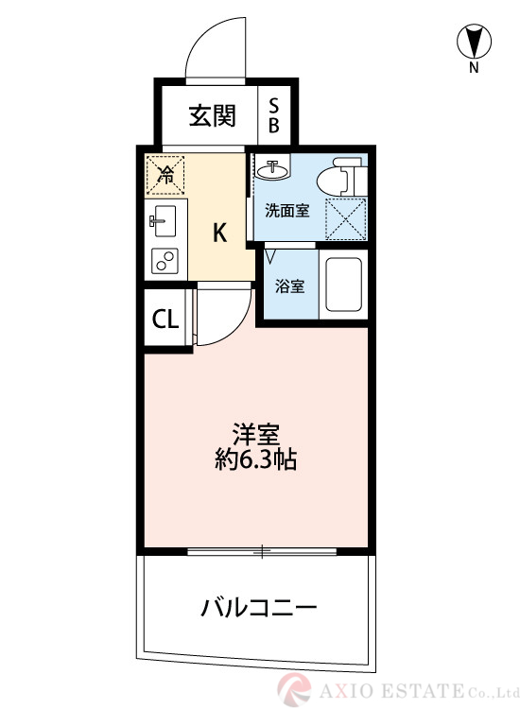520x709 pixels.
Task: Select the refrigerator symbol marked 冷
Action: tap(165, 174)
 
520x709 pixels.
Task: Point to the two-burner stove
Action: tap(165, 259)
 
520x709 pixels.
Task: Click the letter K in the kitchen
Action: tap(218, 233)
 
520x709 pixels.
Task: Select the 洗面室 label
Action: tap(286, 211)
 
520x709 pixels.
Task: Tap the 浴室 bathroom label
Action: tap(289, 285)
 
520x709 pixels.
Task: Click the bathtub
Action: tap(344, 284)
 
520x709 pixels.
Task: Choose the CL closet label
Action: tap(165, 319)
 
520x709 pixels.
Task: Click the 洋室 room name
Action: tap(256, 435)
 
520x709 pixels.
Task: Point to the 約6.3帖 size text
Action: tap(256, 460)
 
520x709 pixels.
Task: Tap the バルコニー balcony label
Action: tap(257, 606)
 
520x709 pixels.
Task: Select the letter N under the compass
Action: tap(474, 68)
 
